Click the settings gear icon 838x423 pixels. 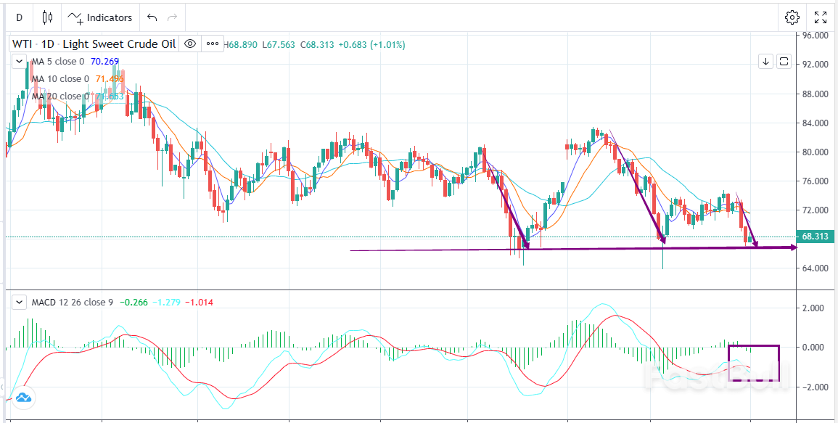point(792,17)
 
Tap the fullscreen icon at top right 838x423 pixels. point(821,17)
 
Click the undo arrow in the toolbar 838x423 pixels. point(152,17)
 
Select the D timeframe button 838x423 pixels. point(19,17)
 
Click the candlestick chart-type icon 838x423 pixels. point(48,17)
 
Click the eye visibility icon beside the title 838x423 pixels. point(190,44)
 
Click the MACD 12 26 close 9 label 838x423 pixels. point(72,302)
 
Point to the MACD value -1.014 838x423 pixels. point(200,302)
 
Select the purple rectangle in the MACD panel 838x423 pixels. point(779,363)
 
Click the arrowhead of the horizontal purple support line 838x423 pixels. point(792,247)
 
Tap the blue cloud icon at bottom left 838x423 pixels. point(23,398)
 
